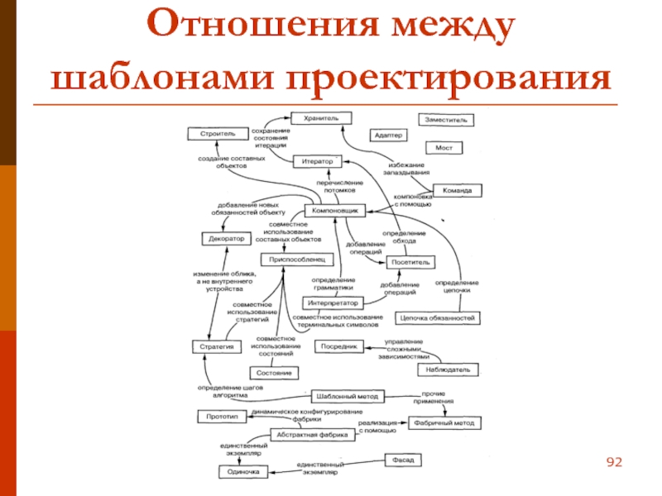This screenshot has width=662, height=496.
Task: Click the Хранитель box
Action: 322,118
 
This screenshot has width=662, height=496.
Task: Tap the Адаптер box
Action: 388,134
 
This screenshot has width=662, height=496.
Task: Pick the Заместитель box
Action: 446,119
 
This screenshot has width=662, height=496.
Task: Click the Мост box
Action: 444,147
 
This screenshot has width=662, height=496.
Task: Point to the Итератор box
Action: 316,160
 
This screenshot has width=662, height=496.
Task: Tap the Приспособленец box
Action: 299,260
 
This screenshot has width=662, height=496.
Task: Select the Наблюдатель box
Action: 449,369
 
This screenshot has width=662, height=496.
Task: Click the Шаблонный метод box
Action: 349,396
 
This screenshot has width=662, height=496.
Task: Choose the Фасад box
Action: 405,459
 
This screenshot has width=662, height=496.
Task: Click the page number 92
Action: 613,460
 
